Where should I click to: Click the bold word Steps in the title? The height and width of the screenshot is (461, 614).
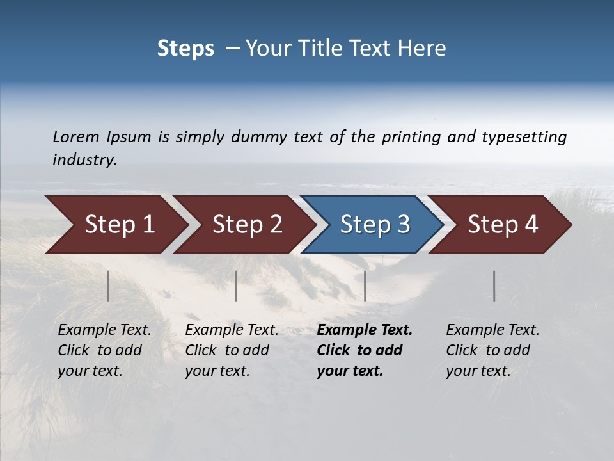point(185,48)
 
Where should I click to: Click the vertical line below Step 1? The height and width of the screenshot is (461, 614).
point(108,286)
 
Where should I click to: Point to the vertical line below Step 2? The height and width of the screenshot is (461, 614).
point(236,286)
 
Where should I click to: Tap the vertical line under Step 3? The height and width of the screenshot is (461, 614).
point(365,286)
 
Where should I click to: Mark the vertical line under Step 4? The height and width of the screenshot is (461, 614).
point(494,286)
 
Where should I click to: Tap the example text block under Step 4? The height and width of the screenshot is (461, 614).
point(492,350)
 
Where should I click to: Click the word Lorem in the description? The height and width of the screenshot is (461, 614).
point(76,137)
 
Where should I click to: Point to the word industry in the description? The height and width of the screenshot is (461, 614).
point(84,160)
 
